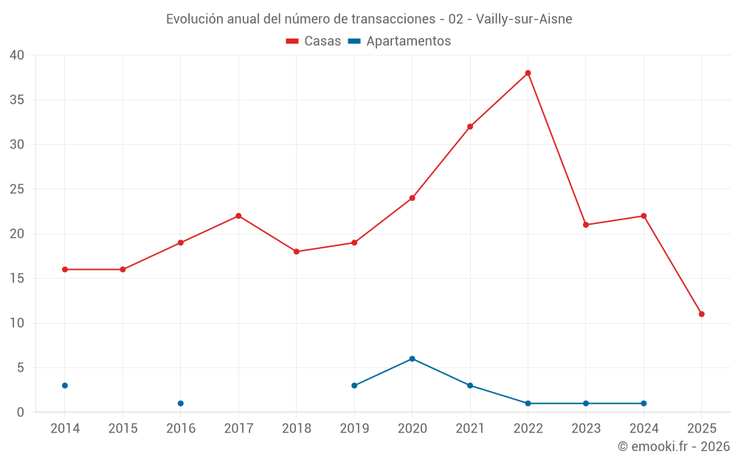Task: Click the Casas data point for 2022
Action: tap(528, 73)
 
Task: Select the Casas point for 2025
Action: tap(701, 314)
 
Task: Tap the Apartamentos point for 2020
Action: tap(412, 359)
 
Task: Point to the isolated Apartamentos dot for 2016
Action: tap(181, 404)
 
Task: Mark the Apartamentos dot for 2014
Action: tap(65, 386)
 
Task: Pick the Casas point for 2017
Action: tap(238, 216)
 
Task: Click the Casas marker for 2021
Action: tap(470, 126)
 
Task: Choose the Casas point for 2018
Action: tap(296, 251)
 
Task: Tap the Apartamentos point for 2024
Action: tap(644, 404)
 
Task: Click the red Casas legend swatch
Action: tap(292, 41)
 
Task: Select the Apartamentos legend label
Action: tap(408, 41)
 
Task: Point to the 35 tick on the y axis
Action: tap(17, 100)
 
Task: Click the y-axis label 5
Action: tap(21, 367)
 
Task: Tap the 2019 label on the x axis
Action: tap(354, 429)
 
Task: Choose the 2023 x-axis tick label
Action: tap(586, 429)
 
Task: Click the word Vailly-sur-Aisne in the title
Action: tap(523, 19)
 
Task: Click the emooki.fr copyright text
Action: tap(674, 446)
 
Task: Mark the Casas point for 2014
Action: tap(65, 269)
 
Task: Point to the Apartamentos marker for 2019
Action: tap(354, 386)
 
